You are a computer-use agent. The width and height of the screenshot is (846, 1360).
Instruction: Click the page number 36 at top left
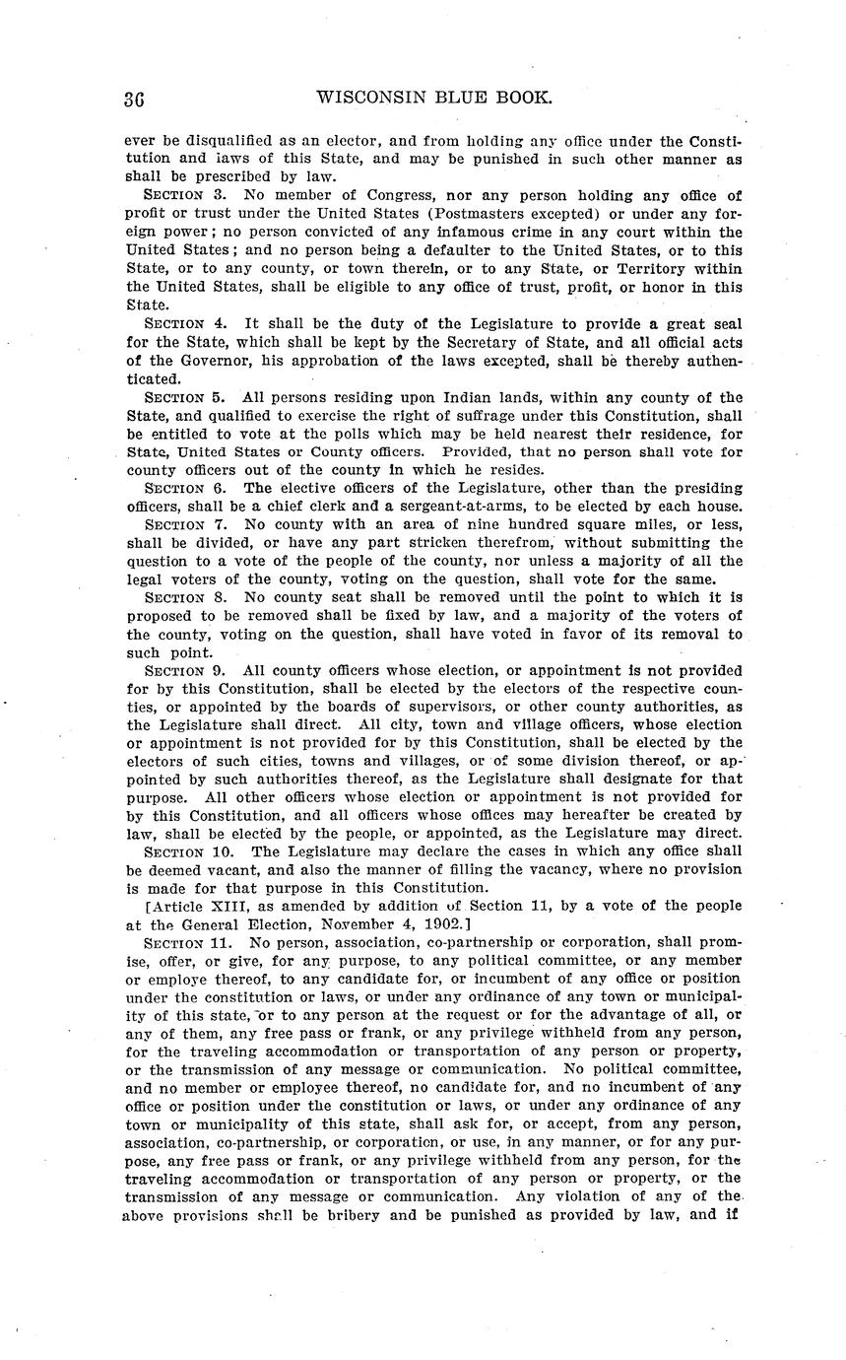click(135, 100)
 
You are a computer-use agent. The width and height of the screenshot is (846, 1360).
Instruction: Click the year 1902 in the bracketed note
click(446, 924)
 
